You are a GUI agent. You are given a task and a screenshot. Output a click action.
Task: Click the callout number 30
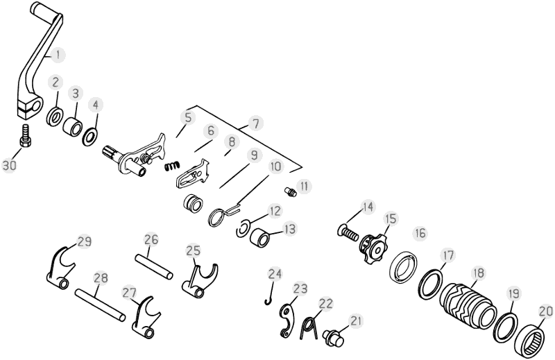click(x=10, y=165)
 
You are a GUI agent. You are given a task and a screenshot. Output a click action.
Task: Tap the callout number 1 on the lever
click(x=59, y=55)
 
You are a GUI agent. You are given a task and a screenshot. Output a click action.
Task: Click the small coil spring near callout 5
click(x=173, y=165)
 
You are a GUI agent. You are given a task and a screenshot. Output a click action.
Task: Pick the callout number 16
click(x=420, y=234)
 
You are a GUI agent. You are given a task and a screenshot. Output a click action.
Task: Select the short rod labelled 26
click(x=154, y=266)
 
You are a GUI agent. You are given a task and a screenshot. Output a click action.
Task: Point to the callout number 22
click(x=326, y=303)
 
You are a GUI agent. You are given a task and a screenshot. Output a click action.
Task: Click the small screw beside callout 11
click(x=290, y=192)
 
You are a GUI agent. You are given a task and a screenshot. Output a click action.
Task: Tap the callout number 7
click(x=255, y=123)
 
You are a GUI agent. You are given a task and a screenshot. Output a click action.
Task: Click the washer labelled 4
click(x=91, y=135)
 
